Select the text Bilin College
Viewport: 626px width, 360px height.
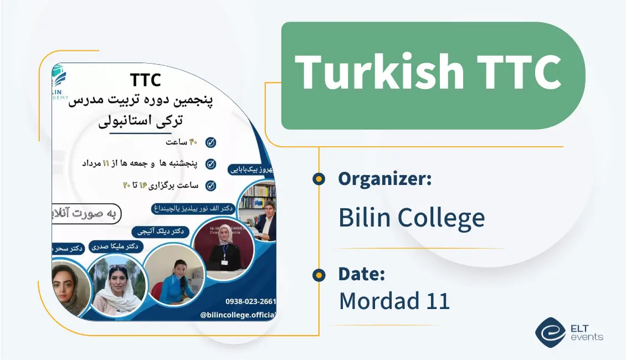(411, 218)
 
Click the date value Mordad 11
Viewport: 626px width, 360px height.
(394, 301)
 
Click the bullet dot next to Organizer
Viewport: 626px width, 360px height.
(319, 179)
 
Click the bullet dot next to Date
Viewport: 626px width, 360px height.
(319, 274)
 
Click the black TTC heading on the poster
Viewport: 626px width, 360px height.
(146, 80)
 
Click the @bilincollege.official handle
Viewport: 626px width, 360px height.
(238, 315)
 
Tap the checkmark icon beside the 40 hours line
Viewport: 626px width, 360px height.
(211, 142)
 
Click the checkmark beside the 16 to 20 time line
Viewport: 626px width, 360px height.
(211, 186)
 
